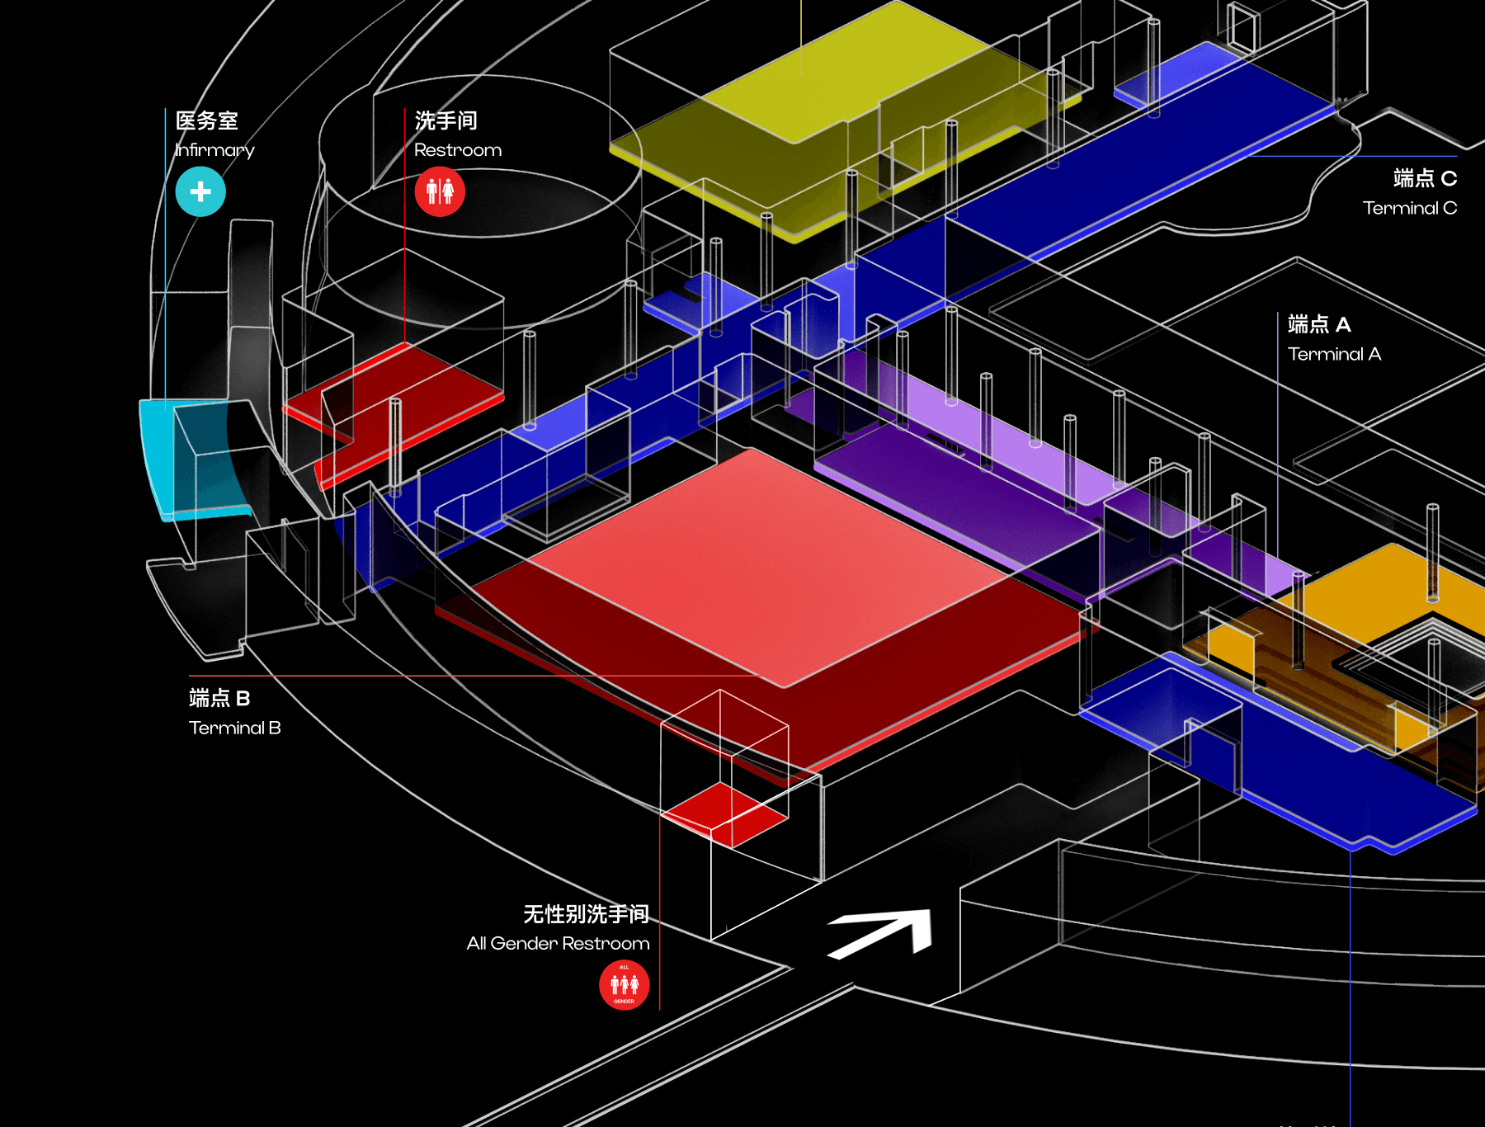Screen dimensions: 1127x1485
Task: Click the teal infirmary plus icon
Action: [x=200, y=192]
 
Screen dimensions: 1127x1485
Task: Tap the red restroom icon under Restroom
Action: [x=440, y=192]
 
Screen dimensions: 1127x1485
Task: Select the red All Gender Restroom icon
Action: [x=624, y=985]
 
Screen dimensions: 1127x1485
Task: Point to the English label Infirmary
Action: [x=214, y=150]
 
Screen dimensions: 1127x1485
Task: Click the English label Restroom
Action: [x=458, y=150]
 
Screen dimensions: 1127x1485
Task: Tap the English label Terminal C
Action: [x=1409, y=208]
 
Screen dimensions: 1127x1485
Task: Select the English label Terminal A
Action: [x=1334, y=354]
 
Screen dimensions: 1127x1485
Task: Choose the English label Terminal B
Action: [x=234, y=728]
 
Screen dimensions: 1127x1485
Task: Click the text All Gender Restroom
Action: [x=558, y=943]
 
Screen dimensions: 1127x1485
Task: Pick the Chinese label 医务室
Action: [x=207, y=120]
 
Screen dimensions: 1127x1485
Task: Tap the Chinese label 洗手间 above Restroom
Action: [x=446, y=120]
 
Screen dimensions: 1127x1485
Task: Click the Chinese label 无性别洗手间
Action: [x=586, y=913]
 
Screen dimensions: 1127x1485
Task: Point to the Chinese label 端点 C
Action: [x=1425, y=178]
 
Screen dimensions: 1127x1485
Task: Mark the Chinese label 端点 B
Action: [x=219, y=698]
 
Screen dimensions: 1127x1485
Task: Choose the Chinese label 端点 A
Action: [x=1319, y=324]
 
